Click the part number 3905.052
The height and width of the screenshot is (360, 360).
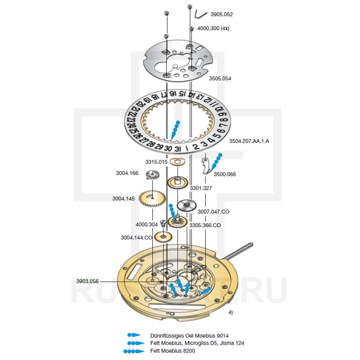point(221,15)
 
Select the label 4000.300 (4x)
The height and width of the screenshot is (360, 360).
point(213,28)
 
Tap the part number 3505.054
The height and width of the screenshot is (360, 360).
point(220,78)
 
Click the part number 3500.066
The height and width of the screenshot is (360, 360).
point(225,174)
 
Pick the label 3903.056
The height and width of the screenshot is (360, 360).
point(87,281)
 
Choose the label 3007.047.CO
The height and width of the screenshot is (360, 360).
point(213,212)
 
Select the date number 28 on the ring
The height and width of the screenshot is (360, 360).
point(150,144)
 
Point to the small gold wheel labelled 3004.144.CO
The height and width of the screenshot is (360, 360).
point(164,237)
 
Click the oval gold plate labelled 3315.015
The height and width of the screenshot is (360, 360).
point(176,162)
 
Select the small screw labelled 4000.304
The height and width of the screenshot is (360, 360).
point(163,223)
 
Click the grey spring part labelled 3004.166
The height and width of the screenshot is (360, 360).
point(152,175)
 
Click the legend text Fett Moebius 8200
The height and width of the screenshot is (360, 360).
point(173,350)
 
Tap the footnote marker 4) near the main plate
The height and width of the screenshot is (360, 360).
point(230,312)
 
